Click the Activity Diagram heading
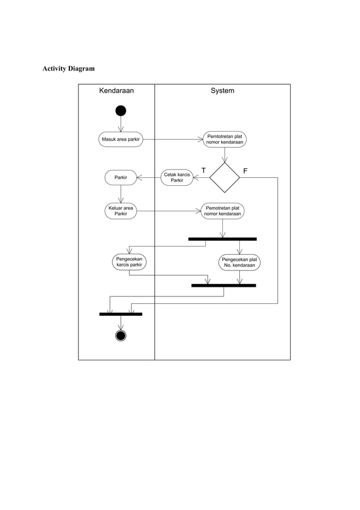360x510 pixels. pos(69,69)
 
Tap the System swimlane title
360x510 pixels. pos(222,90)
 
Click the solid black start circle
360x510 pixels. pos(121,110)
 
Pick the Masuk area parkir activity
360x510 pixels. pos(121,139)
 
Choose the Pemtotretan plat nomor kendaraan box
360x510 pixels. pos(225,139)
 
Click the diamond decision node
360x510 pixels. pos(225,177)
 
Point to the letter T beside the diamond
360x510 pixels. pos(203,171)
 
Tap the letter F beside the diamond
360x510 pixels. pos(245,171)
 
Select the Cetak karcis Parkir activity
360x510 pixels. pos(177,178)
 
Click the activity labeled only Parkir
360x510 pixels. pos(121,178)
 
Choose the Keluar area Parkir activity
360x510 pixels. pos(121,211)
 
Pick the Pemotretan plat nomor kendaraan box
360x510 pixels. pos(222,211)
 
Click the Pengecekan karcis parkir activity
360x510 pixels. pos(129,261)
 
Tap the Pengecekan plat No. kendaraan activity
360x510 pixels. pos(240,262)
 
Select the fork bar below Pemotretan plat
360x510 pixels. pos(222,239)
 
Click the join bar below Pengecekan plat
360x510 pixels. pos(223,285)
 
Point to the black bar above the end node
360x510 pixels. pos(121,313)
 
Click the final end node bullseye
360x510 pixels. pos(121,335)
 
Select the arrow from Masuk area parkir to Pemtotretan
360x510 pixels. pos(173,139)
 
